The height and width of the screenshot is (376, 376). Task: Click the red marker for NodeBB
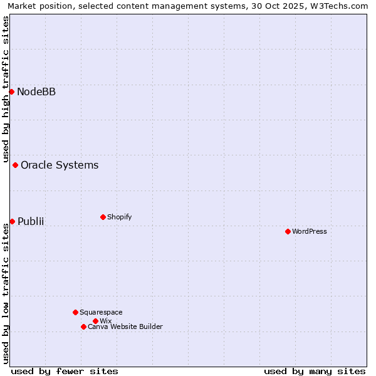pyautogui.click(x=11, y=91)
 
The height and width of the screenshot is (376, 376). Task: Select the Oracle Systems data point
pyautogui.click(x=16, y=165)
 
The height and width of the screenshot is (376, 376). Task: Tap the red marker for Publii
pyautogui.click(x=12, y=221)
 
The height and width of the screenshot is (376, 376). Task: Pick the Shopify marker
pyautogui.click(x=103, y=217)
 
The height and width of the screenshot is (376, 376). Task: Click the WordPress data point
pyautogui.click(x=288, y=231)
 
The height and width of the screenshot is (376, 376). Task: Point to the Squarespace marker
pyautogui.click(x=75, y=312)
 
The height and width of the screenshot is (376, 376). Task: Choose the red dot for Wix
pyautogui.click(x=95, y=321)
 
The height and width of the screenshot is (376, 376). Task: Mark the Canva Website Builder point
pyautogui.click(x=83, y=326)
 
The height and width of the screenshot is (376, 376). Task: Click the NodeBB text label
pyautogui.click(x=36, y=92)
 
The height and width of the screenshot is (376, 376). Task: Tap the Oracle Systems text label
pyautogui.click(x=60, y=165)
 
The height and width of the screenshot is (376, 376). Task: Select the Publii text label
pyautogui.click(x=31, y=222)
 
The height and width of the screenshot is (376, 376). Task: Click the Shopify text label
pyautogui.click(x=119, y=217)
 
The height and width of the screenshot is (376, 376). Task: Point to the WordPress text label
pyautogui.click(x=310, y=232)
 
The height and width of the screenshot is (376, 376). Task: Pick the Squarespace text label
pyautogui.click(x=101, y=313)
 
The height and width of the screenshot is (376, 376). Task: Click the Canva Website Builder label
pyautogui.click(x=125, y=327)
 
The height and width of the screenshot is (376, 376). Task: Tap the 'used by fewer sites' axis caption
pyautogui.click(x=65, y=372)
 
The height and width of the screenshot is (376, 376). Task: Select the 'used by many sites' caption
pyautogui.click(x=315, y=372)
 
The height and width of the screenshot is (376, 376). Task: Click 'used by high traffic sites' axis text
pyautogui.click(x=6, y=89)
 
